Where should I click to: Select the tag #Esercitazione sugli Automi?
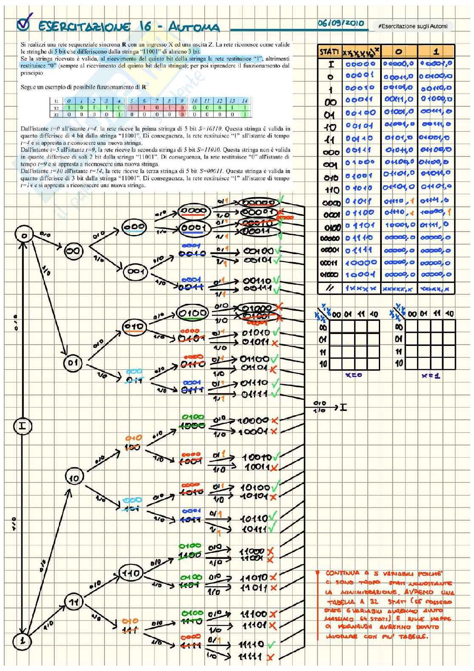click(x=412, y=26)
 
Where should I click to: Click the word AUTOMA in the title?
click(x=194, y=28)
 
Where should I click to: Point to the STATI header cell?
click(x=329, y=52)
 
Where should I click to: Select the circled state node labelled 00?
click(x=73, y=252)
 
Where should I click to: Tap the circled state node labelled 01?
click(x=73, y=362)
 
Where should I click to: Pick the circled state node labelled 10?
click(x=74, y=478)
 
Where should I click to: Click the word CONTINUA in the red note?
click(x=343, y=573)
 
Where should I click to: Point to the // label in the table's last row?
click(x=329, y=288)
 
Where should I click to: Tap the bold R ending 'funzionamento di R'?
click(x=144, y=87)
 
